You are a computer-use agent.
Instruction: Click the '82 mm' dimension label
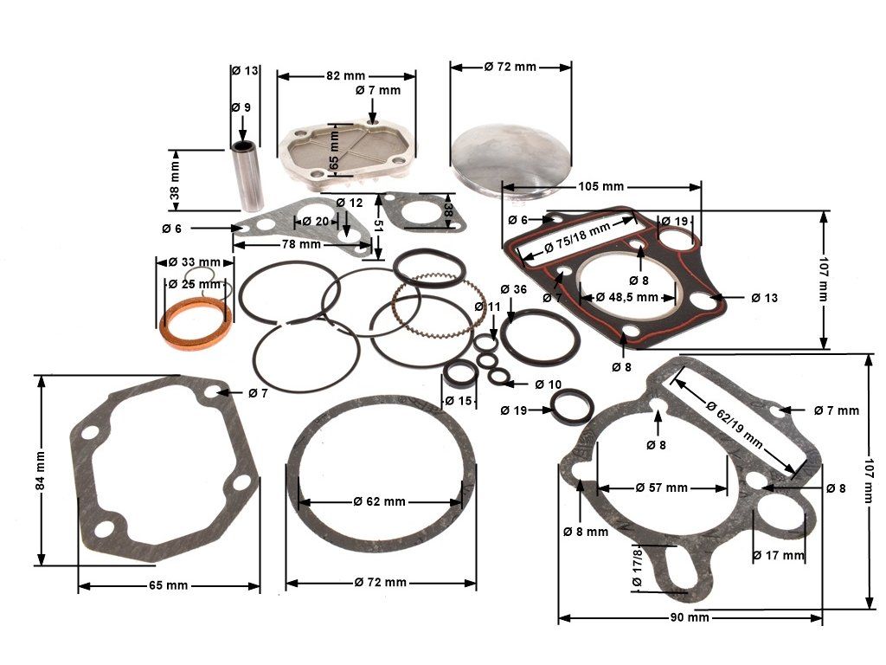click(344, 75)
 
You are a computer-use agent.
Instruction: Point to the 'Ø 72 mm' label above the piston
click(510, 67)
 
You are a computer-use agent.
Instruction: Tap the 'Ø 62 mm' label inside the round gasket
click(380, 501)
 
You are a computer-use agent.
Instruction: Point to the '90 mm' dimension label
click(690, 617)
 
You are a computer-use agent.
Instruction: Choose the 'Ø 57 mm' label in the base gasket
click(662, 487)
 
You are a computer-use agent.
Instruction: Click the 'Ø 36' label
click(514, 288)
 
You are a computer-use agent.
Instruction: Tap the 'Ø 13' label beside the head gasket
click(764, 298)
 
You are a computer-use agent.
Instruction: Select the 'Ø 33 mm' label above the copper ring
click(196, 261)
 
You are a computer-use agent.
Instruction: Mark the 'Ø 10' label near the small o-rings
click(549, 384)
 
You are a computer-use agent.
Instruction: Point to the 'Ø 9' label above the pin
click(241, 107)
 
